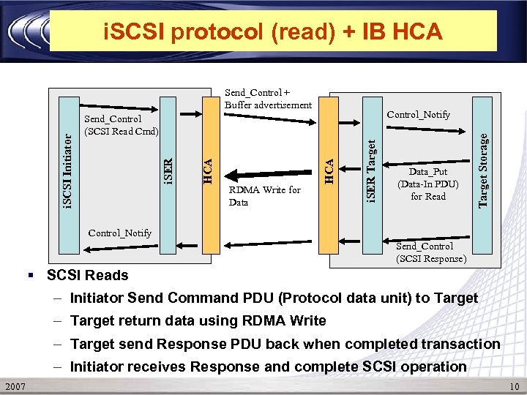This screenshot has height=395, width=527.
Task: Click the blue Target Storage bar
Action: click(482, 165)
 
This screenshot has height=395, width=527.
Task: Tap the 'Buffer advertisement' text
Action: click(268, 105)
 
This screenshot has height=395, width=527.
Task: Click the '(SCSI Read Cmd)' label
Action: click(122, 130)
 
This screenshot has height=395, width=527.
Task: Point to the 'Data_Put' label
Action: click(428, 172)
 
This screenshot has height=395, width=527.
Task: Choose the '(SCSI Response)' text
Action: click(431, 258)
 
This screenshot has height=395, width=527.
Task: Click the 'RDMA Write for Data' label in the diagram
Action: click(264, 196)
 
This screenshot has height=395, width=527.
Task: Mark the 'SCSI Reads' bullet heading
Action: click(87, 276)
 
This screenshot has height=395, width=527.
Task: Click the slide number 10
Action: click(514, 386)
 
